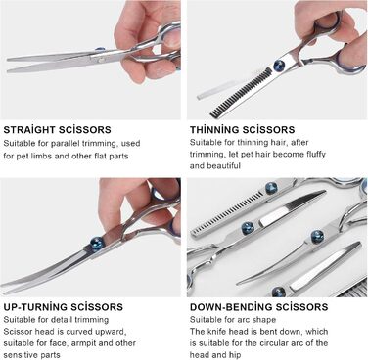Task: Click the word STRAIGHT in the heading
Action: [29, 129]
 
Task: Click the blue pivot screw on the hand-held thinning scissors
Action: [280, 65]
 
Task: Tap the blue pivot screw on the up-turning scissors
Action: [97, 244]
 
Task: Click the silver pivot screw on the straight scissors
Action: [101, 60]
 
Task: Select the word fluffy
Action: [314, 154]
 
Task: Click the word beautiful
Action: [223, 165]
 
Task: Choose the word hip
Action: [234, 355]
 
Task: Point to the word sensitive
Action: [22, 355]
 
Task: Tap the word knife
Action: [216, 332]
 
